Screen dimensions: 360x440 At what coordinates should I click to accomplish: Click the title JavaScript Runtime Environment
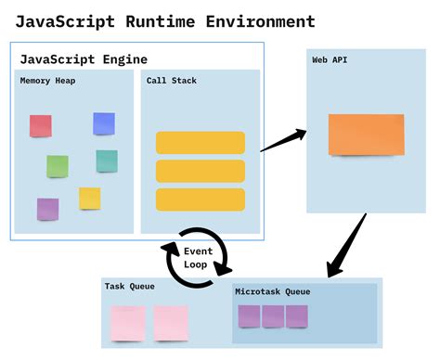[x=165, y=20]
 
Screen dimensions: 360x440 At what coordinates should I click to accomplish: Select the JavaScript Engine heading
[x=84, y=58]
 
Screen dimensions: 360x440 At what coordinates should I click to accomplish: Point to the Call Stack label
[x=172, y=82]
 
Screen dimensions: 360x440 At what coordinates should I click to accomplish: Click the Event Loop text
[x=198, y=258]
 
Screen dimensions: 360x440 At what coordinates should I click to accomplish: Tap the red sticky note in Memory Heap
[x=41, y=125]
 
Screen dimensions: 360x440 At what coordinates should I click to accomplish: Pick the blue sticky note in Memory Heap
[x=104, y=123]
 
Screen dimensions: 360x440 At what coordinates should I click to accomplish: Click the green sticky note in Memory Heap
[x=58, y=166]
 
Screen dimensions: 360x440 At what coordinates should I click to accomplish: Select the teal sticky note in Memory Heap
[x=107, y=161]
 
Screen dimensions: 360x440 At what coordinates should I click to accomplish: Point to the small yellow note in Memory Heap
[x=90, y=198]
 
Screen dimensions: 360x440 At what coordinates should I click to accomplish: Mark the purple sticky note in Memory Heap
[x=47, y=209]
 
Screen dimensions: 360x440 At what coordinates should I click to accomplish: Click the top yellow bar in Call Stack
[x=201, y=142]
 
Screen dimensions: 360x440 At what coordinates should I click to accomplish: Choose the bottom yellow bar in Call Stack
[x=201, y=199]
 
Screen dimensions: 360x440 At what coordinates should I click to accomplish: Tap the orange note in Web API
[x=366, y=134]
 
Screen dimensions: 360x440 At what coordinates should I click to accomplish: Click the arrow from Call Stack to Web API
[x=284, y=140]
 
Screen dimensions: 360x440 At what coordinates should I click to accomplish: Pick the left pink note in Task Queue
[x=128, y=323]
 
